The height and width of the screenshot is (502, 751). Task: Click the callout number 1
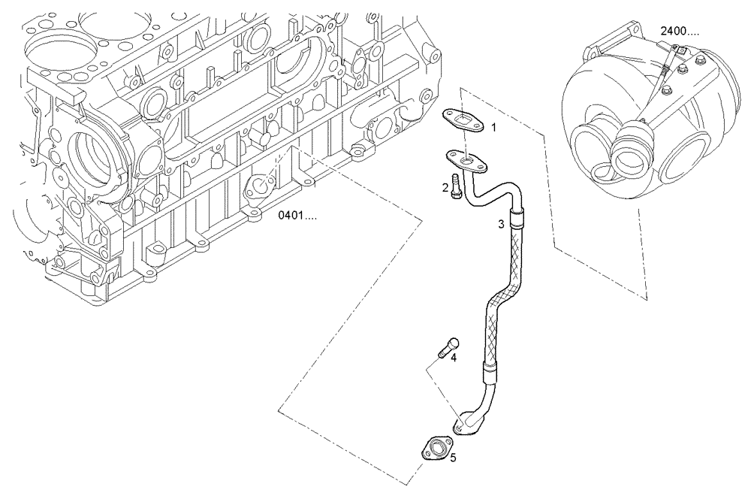[x=493, y=128]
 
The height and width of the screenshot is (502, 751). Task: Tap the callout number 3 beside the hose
[x=501, y=224]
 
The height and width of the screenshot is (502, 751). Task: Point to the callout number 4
[x=454, y=358]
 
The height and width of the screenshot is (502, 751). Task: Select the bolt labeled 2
[x=455, y=189]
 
